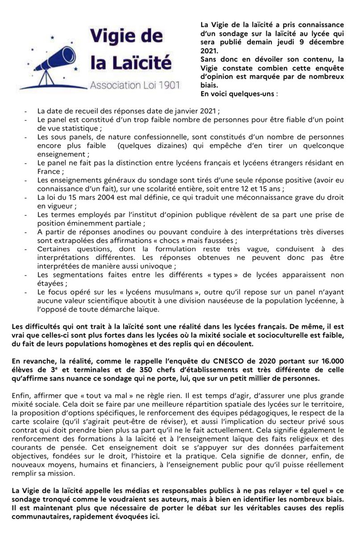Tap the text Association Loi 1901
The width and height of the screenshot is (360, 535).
pyautogui.click(x=133, y=85)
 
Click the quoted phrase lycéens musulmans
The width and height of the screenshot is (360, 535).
pyautogui.click(x=114, y=292)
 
